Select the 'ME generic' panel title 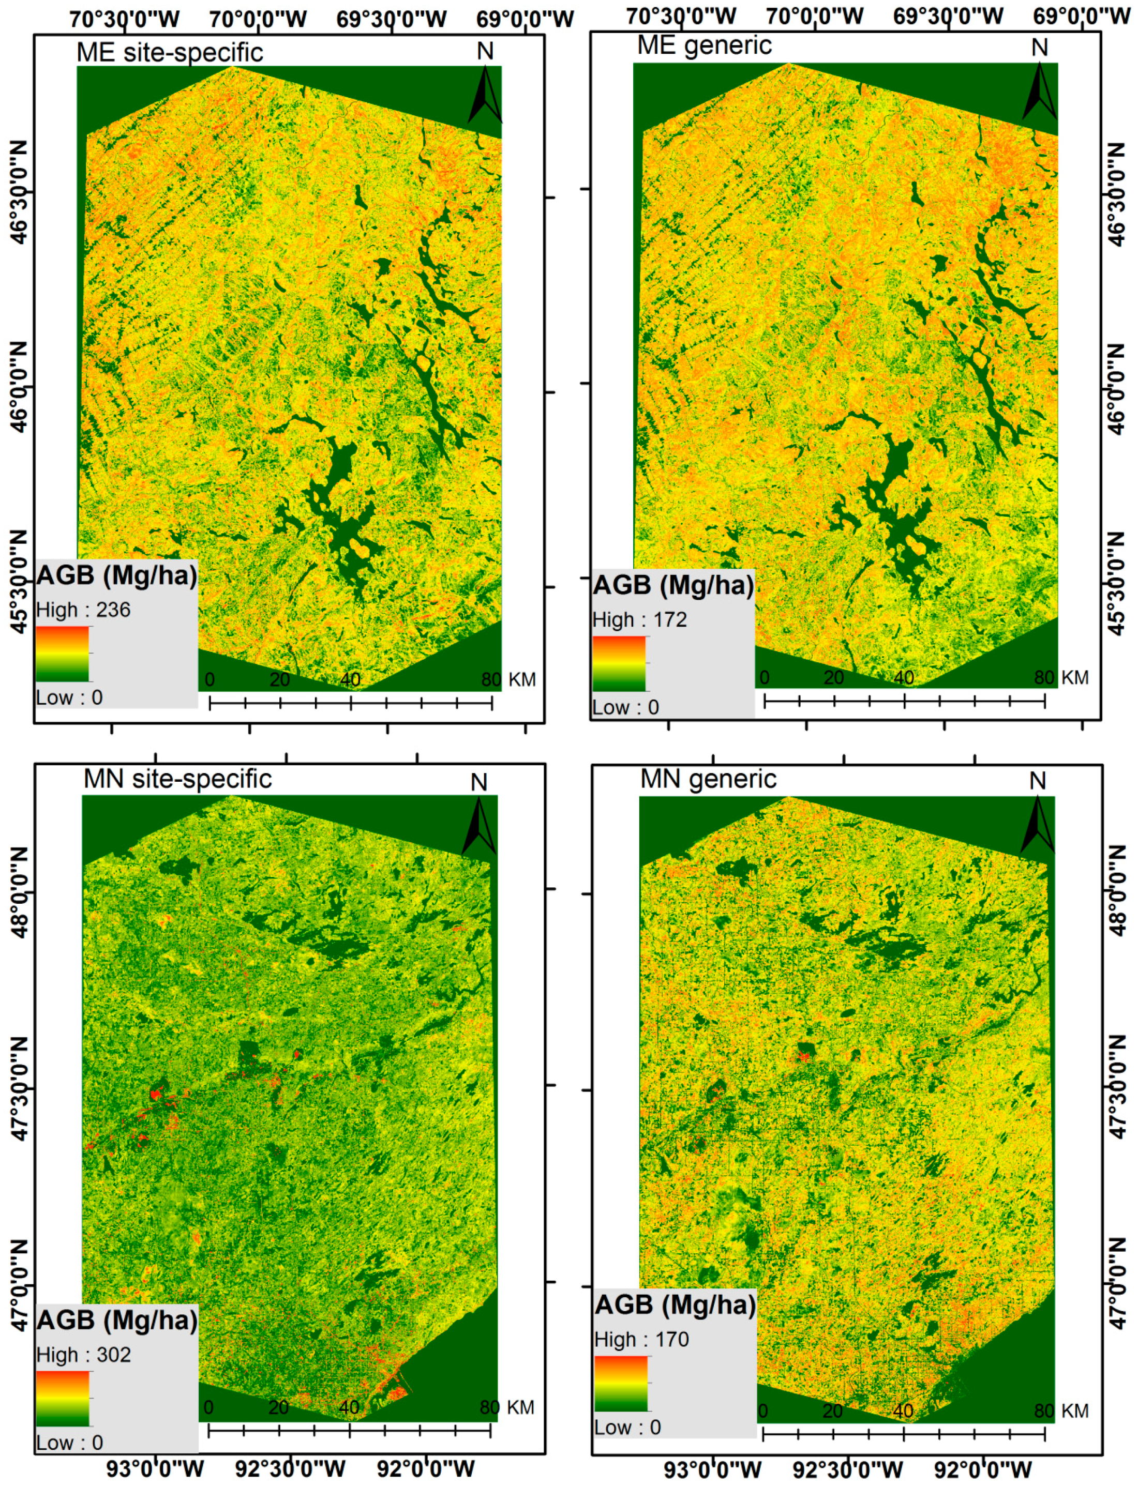pyautogui.click(x=705, y=45)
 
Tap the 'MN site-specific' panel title pyautogui.click(x=177, y=779)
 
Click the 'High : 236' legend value pyautogui.click(x=83, y=610)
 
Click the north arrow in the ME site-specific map pyautogui.click(x=485, y=95)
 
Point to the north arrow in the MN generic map pyautogui.click(x=1037, y=826)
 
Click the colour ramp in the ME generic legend pyautogui.click(x=619, y=663)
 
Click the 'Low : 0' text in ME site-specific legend pyautogui.click(x=69, y=697)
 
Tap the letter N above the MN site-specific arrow pyautogui.click(x=479, y=782)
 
